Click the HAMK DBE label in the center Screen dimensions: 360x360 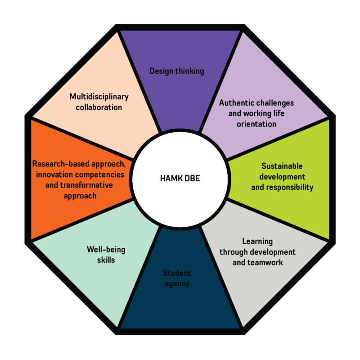point(180,178)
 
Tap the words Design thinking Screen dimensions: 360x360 point(177,71)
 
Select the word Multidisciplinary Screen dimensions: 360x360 point(99,97)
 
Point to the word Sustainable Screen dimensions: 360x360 point(282,166)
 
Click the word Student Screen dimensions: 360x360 point(176,273)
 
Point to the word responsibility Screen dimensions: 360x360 point(288,187)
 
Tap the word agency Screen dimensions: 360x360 point(176,284)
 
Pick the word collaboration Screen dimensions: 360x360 point(99,108)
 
